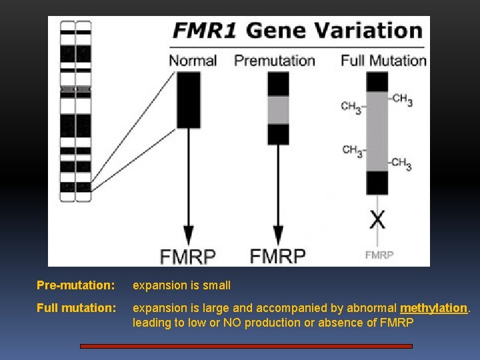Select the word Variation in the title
click(x=374, y=31)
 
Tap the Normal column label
click(x=193, y=61)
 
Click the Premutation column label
click(x=274, y=61)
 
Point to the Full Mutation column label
click(x=383, y=61)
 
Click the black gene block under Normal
click(x=188, y=100)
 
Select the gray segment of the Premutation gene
click(x=278, y=110)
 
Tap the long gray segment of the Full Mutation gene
click(x=377, y=131)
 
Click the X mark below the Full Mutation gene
click(x=377, y=219)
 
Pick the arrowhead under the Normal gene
click(x=188, y=235)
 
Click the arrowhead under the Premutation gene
click(x=278, y=235)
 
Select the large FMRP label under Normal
click(x=188, y=256)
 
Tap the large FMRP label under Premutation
click(x=277, y=255)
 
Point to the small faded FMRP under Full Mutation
click(x=379, y=255)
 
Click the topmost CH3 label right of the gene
click(x=402, y=99)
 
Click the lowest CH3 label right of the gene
click(x=401, y=164)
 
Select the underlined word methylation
click(x=434, y=308)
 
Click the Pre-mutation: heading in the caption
click(x=75, y=285)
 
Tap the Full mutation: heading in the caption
click(x=75, y=308)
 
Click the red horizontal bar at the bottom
click(x=246, y=346)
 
